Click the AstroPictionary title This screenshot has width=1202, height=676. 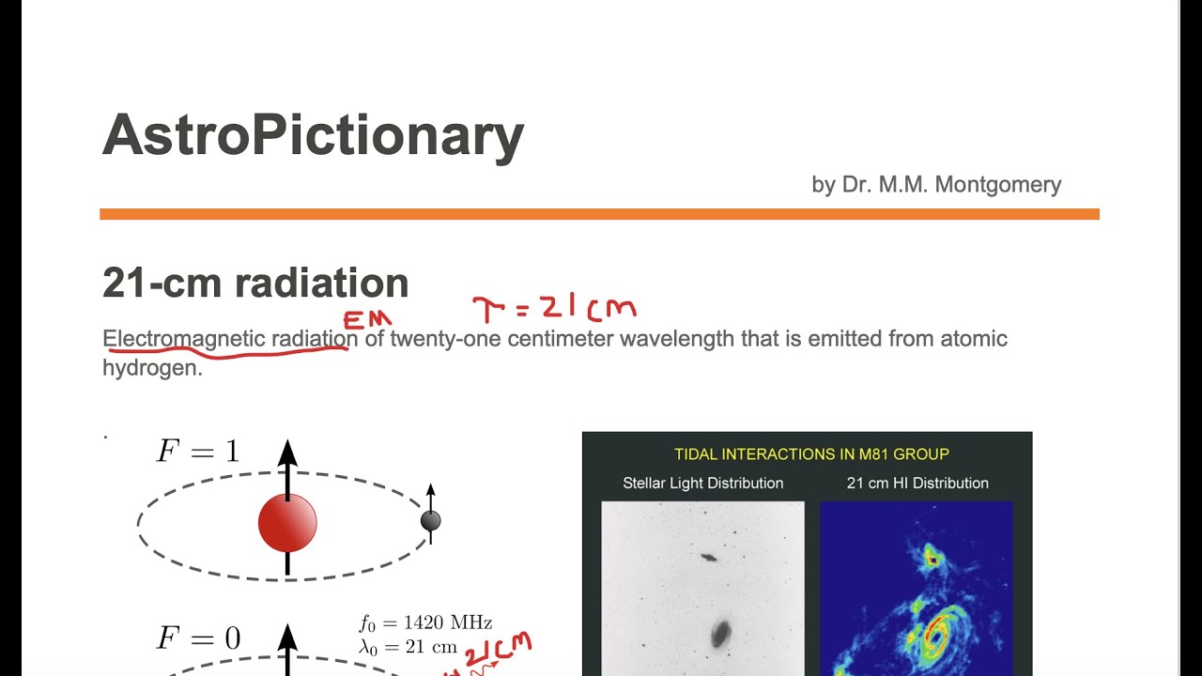click(x=313, y=135)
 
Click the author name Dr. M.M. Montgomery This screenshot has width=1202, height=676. click(x=936, y=184)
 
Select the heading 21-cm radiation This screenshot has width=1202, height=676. click(x=255, y=283)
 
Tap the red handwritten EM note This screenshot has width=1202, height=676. click(x=367, y=320)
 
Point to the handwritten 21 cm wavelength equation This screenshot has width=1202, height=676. click(x=554, y=307)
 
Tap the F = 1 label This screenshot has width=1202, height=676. click(x=197, y=452)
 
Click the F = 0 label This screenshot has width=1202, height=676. click(x=197, y=639)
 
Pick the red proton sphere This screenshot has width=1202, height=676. click(x=287, y=523)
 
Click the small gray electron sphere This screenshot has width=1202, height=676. click(x=430, y=520)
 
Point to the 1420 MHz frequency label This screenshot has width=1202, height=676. click(x=425, y=623)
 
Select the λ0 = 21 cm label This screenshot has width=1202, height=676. click(x=408, y=647)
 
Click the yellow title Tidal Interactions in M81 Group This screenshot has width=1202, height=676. click(x=811, y=454)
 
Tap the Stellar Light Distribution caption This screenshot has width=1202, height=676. click(x=702, y=483)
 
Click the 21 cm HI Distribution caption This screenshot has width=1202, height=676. click(x=917, y=483)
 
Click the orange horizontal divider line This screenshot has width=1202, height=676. click(x=599, y=214)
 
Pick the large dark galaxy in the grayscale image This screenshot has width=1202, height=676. click(x=720, y=634)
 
